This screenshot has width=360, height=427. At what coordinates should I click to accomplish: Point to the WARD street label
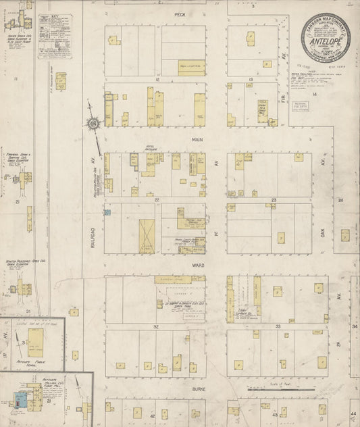198,266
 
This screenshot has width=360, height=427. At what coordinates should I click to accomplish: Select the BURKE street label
197,390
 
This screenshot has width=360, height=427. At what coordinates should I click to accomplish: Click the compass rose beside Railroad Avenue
93,124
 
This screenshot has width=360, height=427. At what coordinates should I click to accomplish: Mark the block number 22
156,200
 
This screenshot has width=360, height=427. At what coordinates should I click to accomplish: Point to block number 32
156,326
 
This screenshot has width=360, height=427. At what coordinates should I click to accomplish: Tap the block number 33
278,326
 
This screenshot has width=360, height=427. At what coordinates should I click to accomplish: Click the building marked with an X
147,236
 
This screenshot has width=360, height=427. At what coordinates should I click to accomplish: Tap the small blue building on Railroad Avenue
107,212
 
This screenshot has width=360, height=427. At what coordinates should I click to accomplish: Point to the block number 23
274,200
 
